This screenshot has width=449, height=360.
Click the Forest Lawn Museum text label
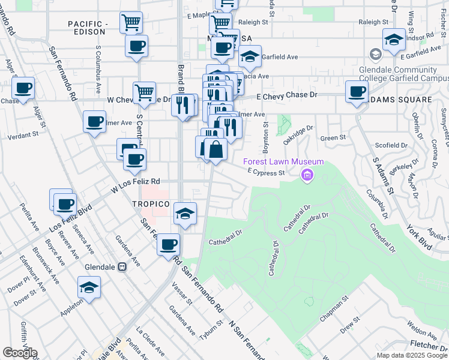pos(283,161)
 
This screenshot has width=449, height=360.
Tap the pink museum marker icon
pos(307,175)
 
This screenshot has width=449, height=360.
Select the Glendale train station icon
pos(122,266)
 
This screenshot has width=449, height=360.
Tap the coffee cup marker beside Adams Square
pos(357,92)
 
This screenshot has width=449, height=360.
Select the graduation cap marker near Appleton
pos(89,287)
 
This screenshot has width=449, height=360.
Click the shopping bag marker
pos(215,149)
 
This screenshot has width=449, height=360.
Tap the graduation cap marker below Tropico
pos(185,214)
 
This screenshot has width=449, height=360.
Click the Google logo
pos(19,352)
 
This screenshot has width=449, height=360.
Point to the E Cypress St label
pos(266,173)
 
